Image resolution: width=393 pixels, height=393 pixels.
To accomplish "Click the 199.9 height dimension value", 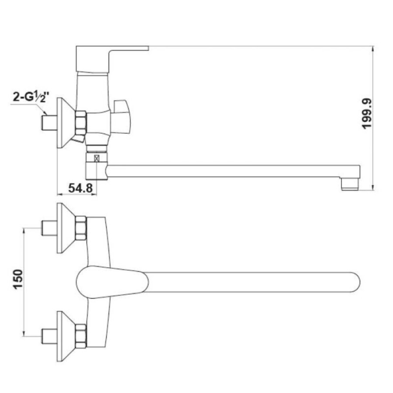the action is point(367,114).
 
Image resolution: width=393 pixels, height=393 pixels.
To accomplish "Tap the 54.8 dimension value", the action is point(80,188).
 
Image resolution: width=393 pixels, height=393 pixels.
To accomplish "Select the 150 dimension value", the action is point(18,279).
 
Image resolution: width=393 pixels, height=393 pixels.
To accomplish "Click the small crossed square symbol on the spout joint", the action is point(97,158).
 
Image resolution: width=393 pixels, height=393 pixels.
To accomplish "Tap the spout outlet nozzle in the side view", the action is point(350,184).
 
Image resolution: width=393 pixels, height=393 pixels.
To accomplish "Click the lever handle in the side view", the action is point(112,59).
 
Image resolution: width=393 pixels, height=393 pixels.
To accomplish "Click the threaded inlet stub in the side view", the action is point(49,122).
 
